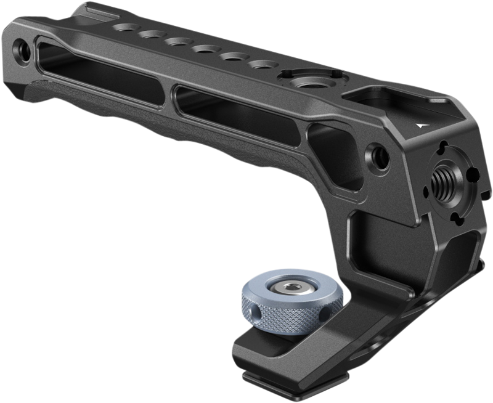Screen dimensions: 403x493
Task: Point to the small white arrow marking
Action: pyautogui.click(x=420, y=123)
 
